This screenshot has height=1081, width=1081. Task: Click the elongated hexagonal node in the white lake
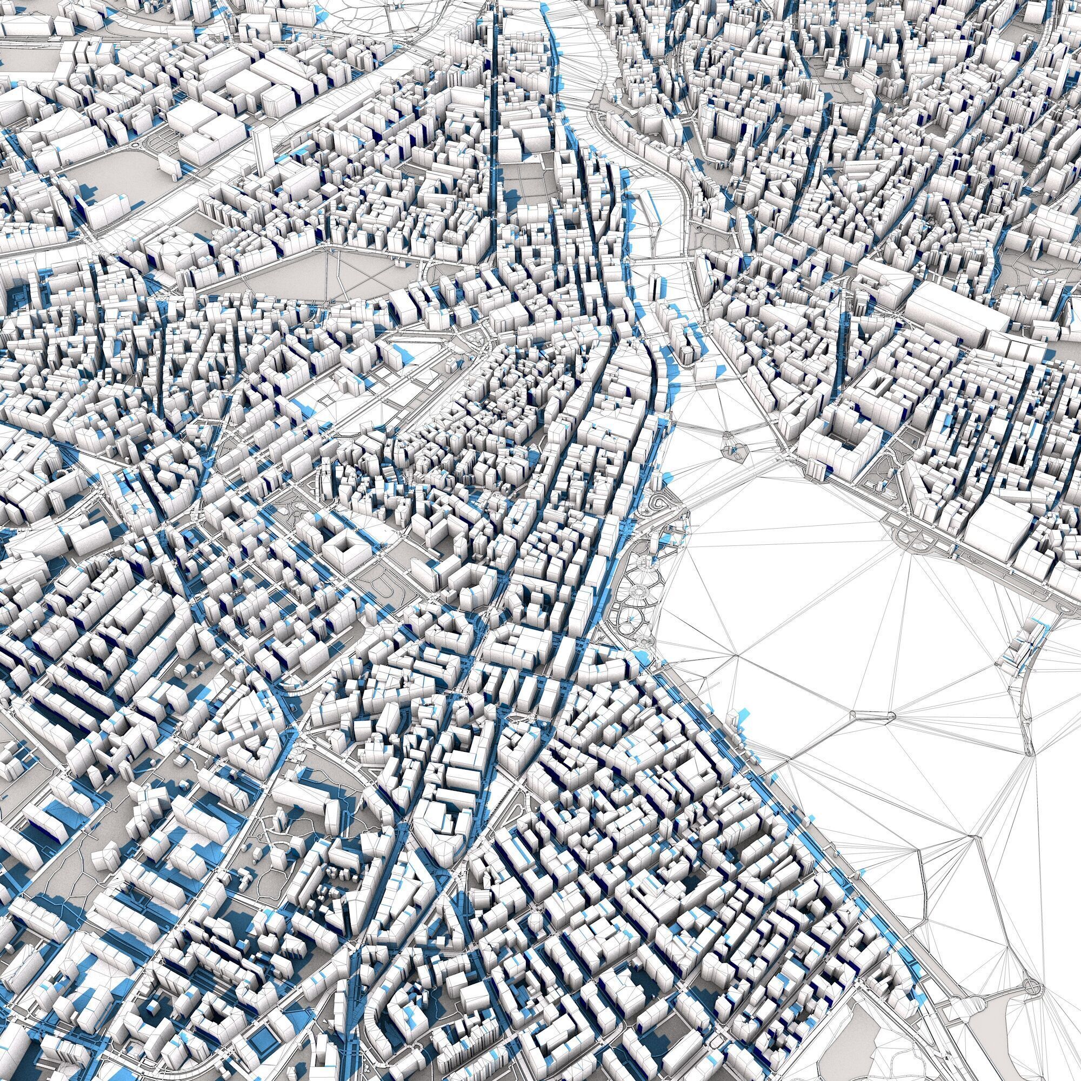tap(871, 715)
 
